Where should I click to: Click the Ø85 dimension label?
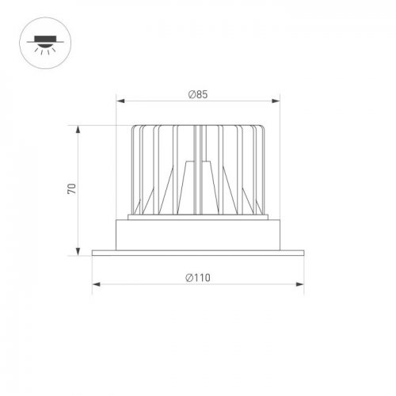coord(198,94)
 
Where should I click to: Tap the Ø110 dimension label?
coord(198,277)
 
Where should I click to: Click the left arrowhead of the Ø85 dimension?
coord(120,101)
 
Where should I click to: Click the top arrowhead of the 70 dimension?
coord(78,128)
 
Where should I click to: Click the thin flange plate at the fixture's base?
coord(198,253)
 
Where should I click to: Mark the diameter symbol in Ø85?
coord(192,94)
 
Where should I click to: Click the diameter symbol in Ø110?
coord(189,277)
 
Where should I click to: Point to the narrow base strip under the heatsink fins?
coord(198,217)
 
